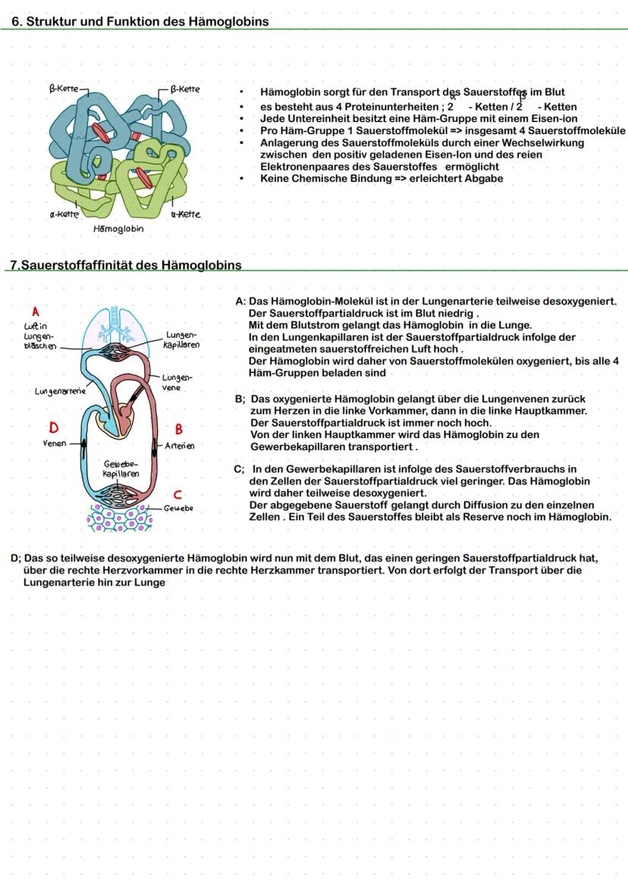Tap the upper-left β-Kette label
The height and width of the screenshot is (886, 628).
click(64, 89)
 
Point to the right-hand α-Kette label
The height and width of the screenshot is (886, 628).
click(186, 214)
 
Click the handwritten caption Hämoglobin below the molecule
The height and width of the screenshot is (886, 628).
click(118, 228)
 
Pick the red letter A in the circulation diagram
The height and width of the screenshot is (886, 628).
click(35, 311)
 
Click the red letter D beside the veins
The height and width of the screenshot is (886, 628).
click(54, 427)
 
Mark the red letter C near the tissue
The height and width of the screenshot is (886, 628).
click(177, 495)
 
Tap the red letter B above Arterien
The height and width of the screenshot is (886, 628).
click(179, 430)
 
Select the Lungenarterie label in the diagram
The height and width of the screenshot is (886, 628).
click(60, 392)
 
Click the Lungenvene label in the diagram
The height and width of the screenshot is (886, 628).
click(177, 382)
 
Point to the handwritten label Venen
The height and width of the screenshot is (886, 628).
click(55, 443)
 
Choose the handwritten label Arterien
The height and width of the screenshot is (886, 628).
click(180, 446)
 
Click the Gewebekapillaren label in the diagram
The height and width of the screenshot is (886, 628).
click(121, 468)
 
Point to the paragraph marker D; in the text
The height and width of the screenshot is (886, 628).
click(15, 559)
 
